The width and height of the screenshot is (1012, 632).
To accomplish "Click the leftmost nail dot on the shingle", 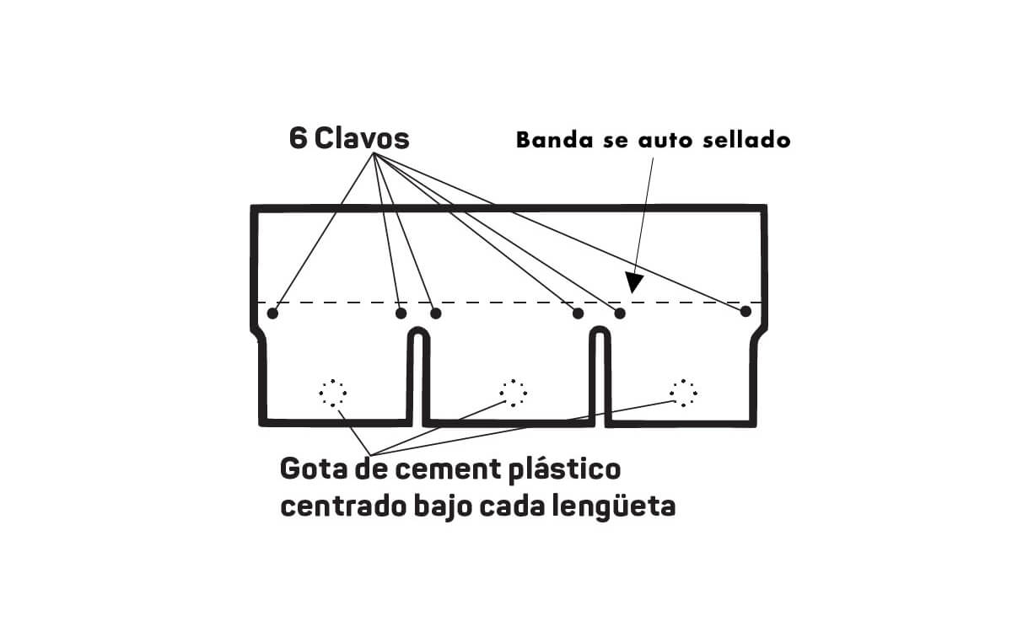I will (x=272, y=313).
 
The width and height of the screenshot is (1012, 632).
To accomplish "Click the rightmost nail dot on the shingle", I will (x=746, y=312).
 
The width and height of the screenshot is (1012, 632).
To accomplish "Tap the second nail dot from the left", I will (x=401, y=313).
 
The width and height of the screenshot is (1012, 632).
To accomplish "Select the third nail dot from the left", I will (x=435, y=313).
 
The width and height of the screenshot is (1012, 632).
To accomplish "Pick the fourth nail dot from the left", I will (x=578, y=313).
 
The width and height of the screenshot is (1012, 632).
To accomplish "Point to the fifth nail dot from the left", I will (x=620, y=313).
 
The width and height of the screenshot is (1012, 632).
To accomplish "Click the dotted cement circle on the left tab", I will (x=332, y=393).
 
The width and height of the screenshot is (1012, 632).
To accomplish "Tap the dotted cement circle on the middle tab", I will (x=513, y=393).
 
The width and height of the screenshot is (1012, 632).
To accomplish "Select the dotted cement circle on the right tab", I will (x=683, y=392).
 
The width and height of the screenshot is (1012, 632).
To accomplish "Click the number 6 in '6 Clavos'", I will (x=298, y=139).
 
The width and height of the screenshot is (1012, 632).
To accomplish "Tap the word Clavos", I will (x=363, y=139).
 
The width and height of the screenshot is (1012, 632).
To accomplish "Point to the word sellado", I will (x=746, y=140).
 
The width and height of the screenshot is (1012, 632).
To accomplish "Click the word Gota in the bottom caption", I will (x=310, y=469).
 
